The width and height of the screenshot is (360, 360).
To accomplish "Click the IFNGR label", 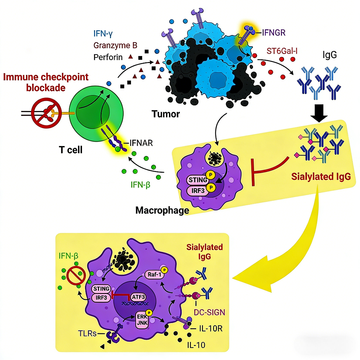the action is pyautogui.click(x=273, y=33).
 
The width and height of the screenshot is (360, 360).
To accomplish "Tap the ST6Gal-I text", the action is pyautogui.click(x=282, y=51).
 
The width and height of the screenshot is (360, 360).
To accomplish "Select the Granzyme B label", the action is pyautogui.click(x=115, y=45).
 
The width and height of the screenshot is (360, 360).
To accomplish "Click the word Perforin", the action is pyautogui.click(x=108, y=57).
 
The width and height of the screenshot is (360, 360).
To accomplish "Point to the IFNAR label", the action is pyautogui.click(x=141, y=143).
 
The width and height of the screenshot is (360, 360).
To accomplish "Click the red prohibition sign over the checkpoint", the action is pyautogui.click(x=46, y=113).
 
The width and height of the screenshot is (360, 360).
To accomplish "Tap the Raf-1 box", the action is pyautogui.click(x=155, y=274).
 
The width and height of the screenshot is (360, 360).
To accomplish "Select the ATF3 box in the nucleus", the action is pyautogui.click(x=138, y=297).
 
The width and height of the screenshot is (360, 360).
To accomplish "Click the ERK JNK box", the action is pyautogui.click(x=142, y=320).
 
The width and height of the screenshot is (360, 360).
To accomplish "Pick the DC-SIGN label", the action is pyautogui.click(x=209, y=312).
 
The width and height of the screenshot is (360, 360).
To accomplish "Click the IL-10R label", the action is pyautogui.click(x=211, y=329).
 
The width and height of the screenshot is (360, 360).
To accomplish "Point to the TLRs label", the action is pyautogui.click(x=87, y=333).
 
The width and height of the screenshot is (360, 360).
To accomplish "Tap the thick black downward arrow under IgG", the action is pyautogui.click(x=319, y=113).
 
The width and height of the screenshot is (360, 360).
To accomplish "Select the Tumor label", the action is pyautogui.click(x=166, y=114).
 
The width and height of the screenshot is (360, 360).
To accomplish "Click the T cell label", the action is pyautogui.click(x=71, y=150).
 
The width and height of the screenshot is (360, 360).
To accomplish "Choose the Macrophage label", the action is pyautogui.click(x=162, y=210).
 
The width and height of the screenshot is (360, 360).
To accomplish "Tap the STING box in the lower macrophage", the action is pyautogui.click(x=101, y=289).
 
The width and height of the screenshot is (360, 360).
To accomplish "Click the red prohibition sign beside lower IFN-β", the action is pyautogui.click(x=76, y=276).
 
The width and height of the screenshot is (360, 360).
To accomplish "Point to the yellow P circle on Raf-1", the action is pyautogui.click(x=164, y=270).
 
